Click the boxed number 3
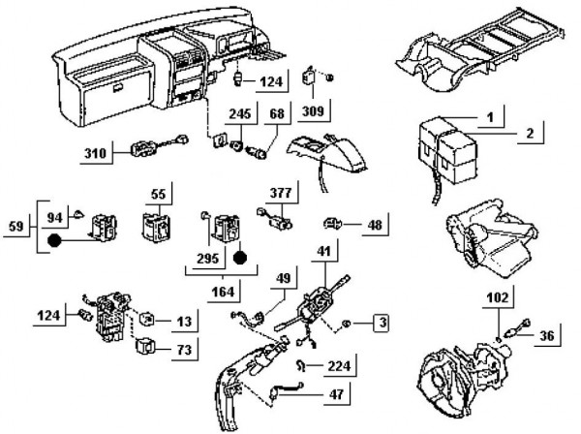click(x=383, y=320)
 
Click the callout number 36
click(x=548, y=336)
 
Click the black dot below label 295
click(x=241, y=259)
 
